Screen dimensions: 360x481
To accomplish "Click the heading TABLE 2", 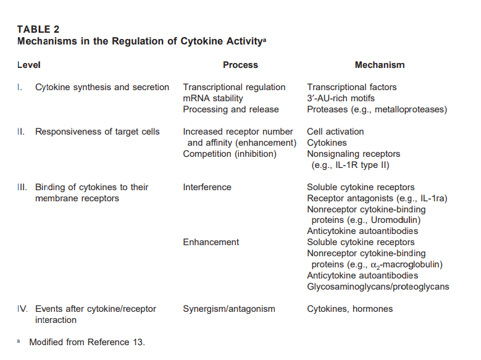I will coord(38,29).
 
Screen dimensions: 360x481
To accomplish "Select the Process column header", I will coord(240,65).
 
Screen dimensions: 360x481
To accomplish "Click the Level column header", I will coord(29,65).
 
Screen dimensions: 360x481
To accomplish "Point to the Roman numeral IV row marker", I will coord(22,309).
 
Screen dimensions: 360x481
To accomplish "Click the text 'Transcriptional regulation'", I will coord(234,87).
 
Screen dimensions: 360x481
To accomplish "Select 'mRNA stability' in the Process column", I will coord(213,98).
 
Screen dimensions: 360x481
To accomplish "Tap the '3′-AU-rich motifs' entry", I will coord(341,98).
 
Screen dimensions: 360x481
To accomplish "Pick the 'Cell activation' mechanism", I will coord(335,132).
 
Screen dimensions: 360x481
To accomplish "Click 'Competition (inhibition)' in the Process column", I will coord(230,154).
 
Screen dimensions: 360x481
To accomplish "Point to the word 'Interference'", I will coord(207,187).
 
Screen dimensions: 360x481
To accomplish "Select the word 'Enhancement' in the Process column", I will coord(211,242).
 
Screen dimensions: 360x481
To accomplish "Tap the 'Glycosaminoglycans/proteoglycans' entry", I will coord(378,287).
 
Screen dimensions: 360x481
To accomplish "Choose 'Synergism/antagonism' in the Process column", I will coord(229,309).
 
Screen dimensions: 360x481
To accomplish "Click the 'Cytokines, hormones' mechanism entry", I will coord(349,309).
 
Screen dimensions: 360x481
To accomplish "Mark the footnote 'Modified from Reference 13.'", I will coord(86,341).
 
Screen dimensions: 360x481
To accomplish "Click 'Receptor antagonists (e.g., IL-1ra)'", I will coord(377,198).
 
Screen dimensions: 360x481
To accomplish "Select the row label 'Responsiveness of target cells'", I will coord(98,132).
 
